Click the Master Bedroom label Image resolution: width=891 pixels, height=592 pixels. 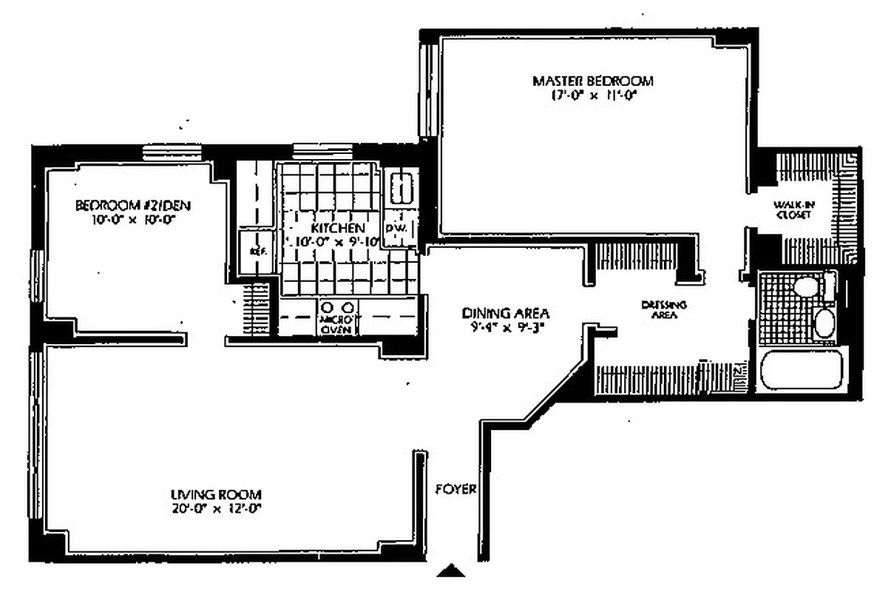point(593,80)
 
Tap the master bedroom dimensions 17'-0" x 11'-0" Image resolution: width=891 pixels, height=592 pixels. point(593,95)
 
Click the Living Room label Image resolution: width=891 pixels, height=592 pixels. point(216,494)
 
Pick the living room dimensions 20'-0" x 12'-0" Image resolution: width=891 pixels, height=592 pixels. point(216,508)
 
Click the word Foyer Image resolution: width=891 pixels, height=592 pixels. point(455,489)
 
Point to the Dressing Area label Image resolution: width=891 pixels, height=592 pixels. point(663,309)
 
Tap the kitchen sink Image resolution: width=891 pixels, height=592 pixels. point(401,188)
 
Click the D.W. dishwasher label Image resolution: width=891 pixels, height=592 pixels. point(396,229)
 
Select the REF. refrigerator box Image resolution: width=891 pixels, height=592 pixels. point(257,250)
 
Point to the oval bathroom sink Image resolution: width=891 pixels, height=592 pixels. point(823,323)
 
